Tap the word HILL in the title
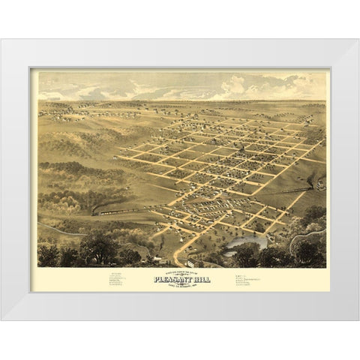201,279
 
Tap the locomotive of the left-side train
95,214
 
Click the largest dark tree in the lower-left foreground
96,247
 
